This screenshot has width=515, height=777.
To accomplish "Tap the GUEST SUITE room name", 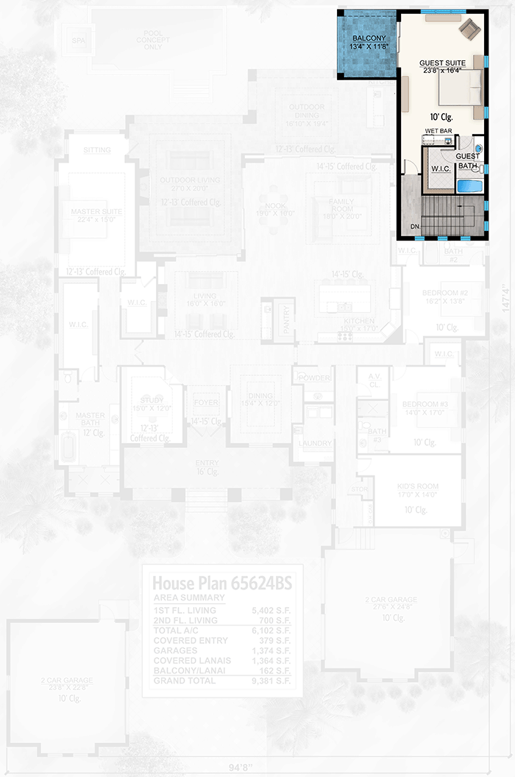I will tap(444, 63).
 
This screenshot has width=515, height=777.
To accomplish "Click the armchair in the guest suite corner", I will tap(469, 29).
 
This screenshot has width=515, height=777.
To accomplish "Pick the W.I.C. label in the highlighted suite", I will tap(441, 169).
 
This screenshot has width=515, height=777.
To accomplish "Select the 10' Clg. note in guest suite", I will tap(441, 116).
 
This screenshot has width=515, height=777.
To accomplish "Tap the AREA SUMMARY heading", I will tap(189, 598).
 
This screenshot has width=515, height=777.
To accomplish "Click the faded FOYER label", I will tap(206, 403).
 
